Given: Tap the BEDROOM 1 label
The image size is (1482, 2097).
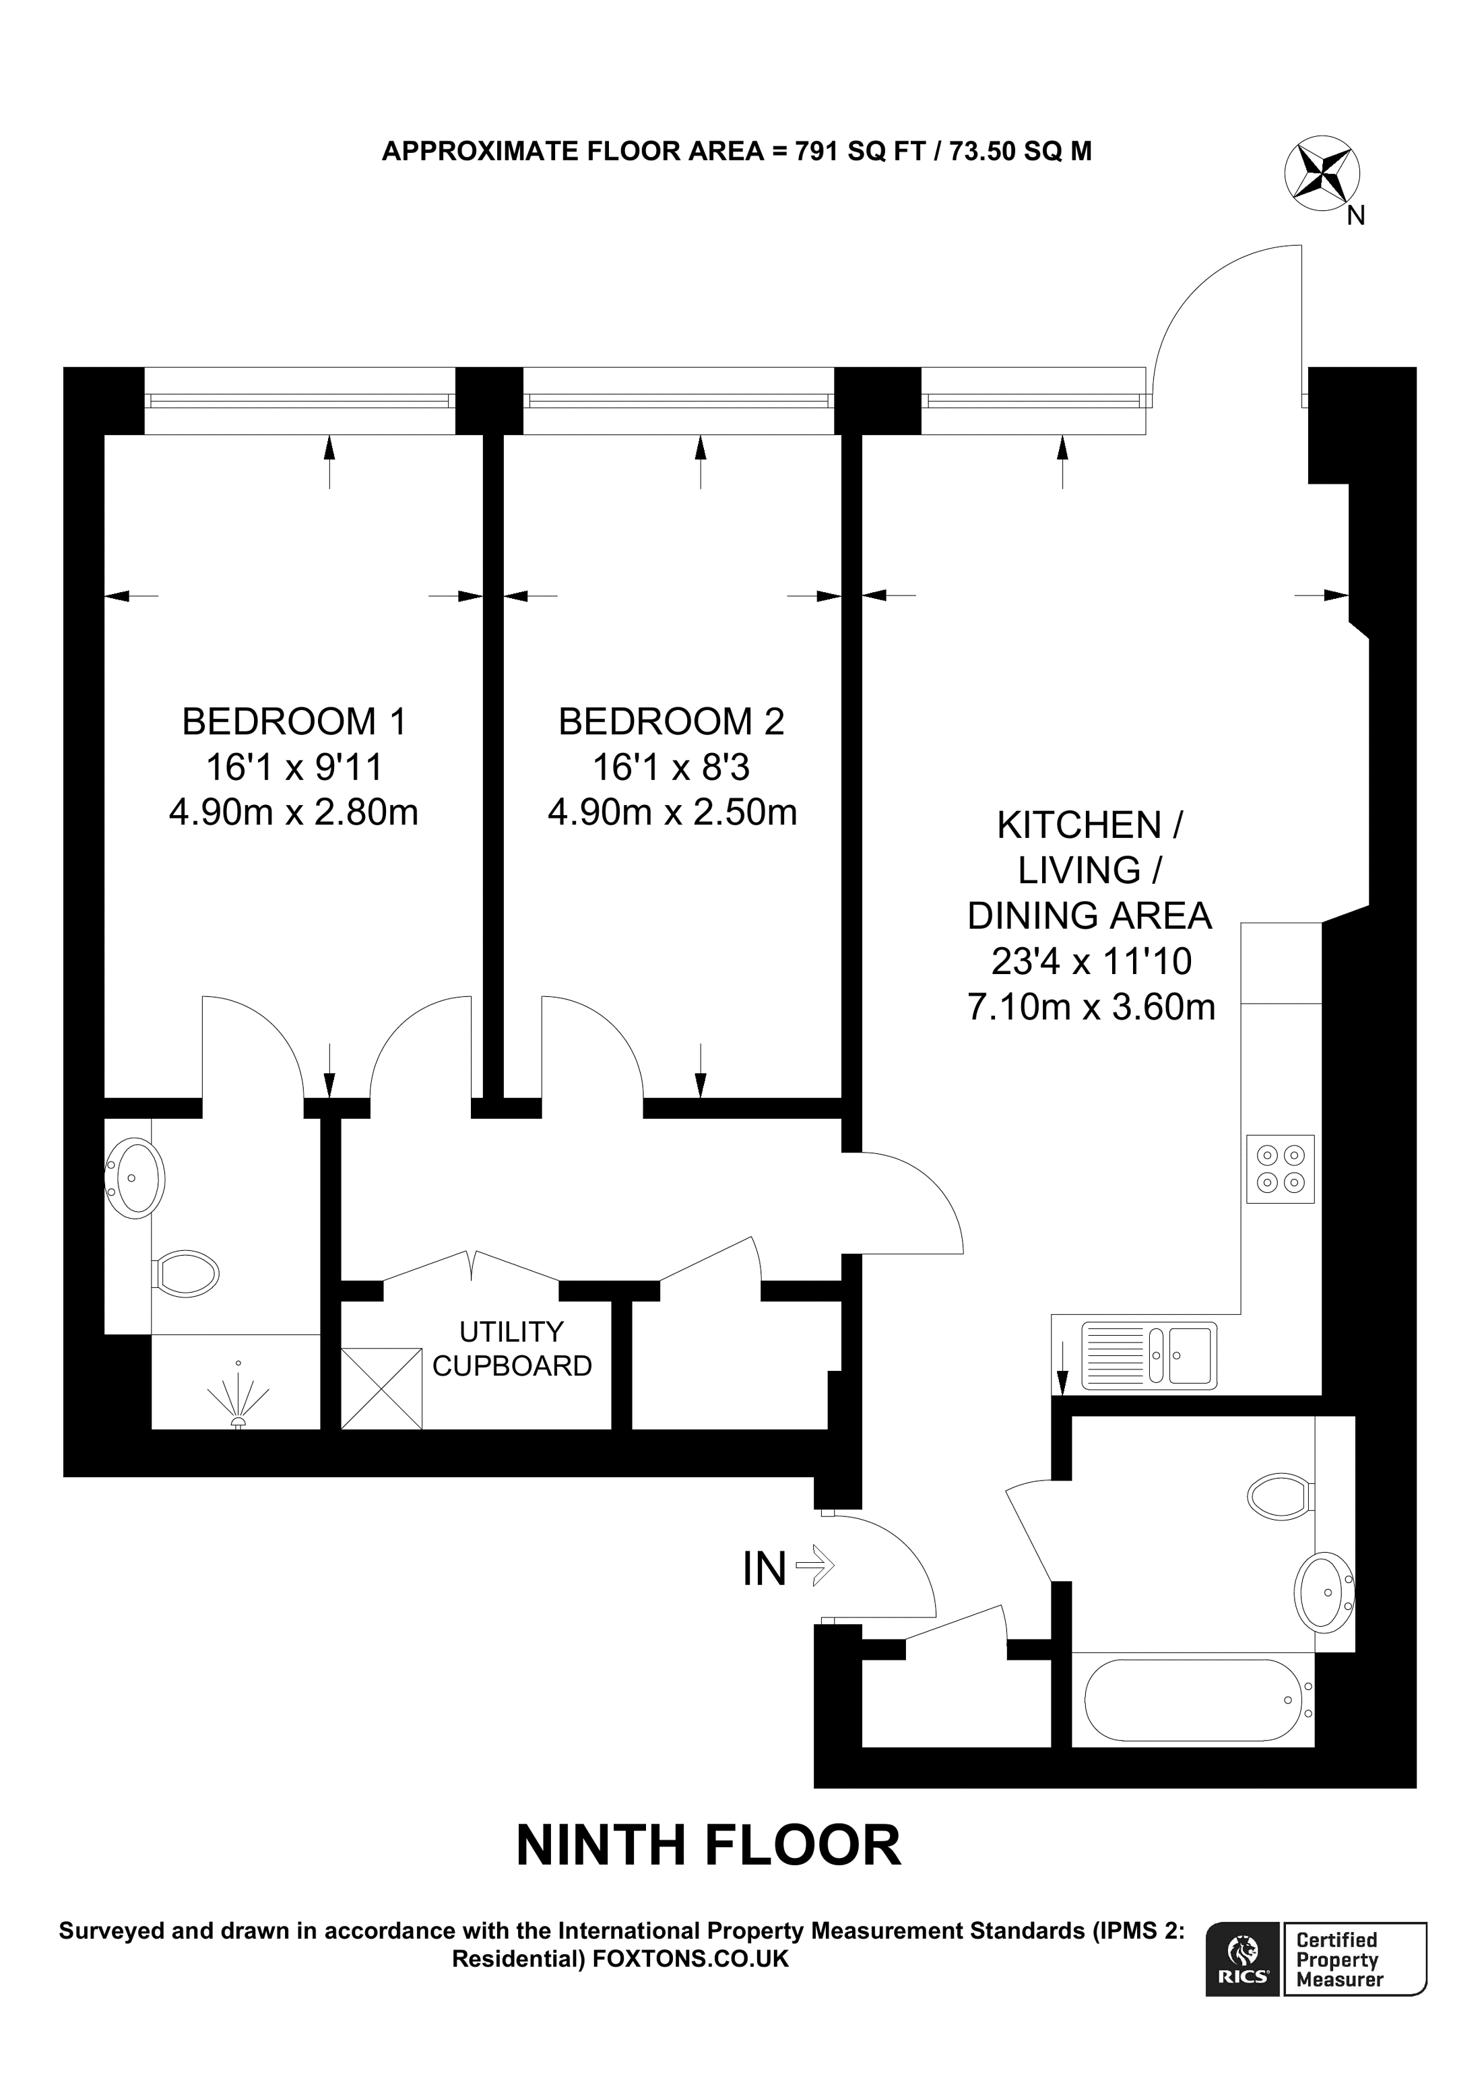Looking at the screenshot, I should [293, 721].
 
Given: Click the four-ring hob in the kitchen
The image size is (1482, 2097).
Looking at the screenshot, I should [1280, 1168].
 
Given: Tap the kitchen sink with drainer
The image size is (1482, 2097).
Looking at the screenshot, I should [1149, 1355].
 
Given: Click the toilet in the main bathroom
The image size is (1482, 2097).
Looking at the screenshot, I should [1279, 1496].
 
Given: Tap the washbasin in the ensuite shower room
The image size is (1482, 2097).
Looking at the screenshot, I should [135, 1177].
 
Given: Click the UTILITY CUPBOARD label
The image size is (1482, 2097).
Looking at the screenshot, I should [511, 1348].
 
